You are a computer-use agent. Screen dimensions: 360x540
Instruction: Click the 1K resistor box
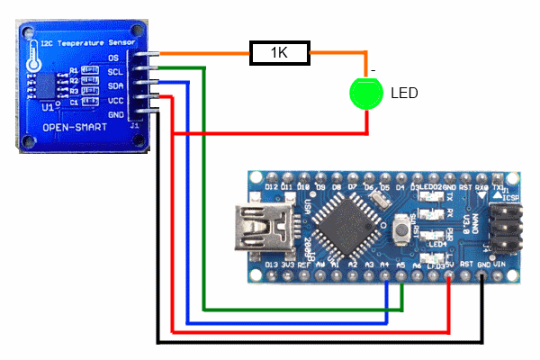click(x=280, y=54)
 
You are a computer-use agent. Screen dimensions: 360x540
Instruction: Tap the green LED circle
click(x=365, y=94)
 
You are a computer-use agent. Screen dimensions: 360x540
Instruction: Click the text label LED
click(x=404, y=93)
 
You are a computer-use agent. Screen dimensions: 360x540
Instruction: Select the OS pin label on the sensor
click(x=114, y=58)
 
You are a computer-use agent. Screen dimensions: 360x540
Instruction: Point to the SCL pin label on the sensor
click(x=114, y=71)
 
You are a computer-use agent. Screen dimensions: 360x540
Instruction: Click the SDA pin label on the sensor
click(x=114, y=85)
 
